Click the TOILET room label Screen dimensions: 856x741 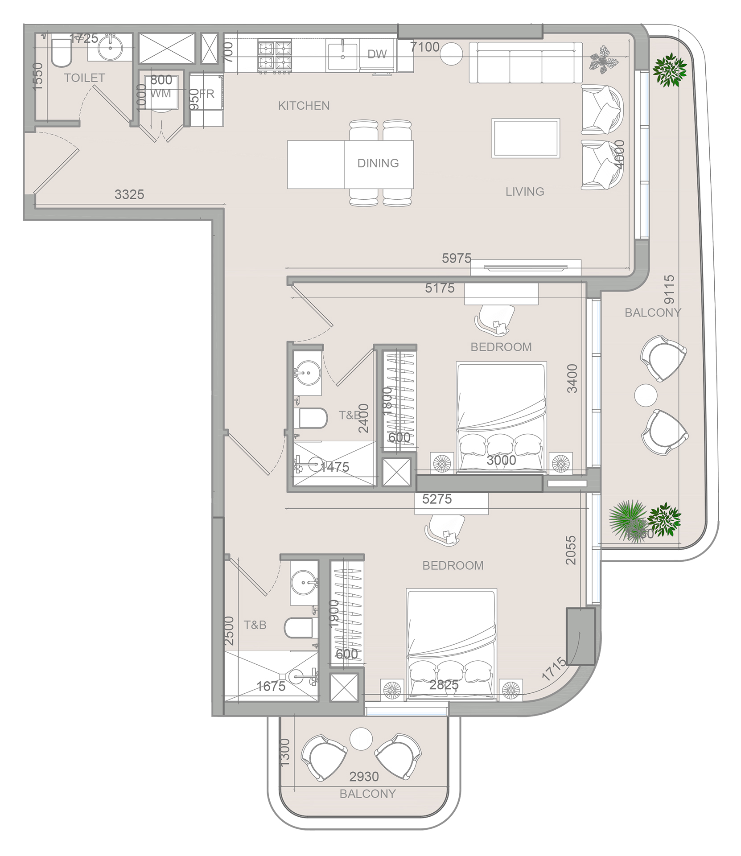84,78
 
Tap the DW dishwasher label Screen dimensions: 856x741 377,54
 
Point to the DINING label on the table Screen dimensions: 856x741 378,163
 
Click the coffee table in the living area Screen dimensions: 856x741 526,138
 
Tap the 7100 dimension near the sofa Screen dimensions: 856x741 424,47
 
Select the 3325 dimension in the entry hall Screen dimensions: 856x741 129,194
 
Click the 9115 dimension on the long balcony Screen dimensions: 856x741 669,290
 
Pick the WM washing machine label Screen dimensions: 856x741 161,94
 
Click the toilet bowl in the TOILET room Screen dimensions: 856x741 61,53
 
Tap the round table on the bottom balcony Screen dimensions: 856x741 361,739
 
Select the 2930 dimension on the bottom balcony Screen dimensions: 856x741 364,777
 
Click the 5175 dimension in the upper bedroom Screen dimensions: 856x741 440,288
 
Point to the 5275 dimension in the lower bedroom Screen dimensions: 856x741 437,499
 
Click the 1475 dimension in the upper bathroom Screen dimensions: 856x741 334,467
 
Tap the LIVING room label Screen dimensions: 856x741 524,192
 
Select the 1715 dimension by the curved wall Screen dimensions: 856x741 554,670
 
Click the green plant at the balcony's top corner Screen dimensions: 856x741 669,70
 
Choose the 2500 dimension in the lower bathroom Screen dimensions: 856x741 229,631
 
